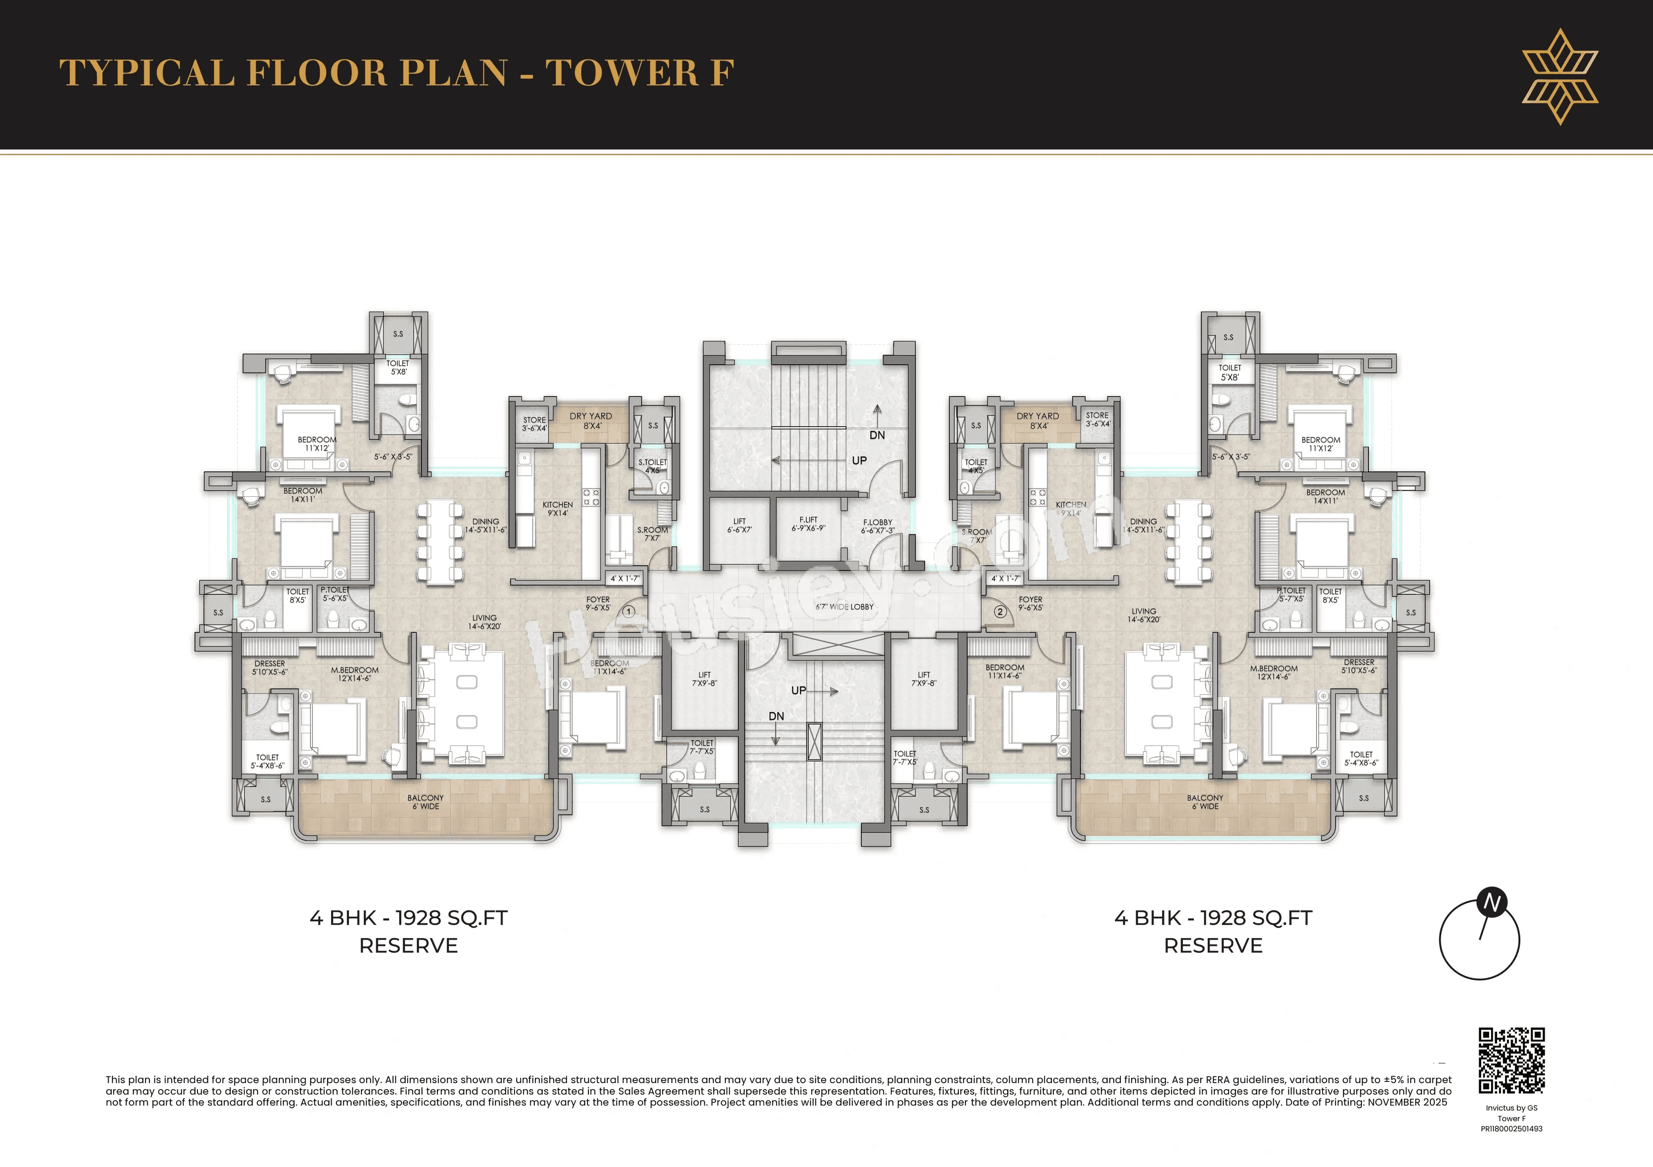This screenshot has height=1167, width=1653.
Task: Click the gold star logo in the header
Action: (x=1560, y=76)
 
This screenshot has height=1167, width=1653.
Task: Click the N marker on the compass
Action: (x=1492, y=902)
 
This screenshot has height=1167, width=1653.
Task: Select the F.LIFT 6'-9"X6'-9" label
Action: (x=808, y=524)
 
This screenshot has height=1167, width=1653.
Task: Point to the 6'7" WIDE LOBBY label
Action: (x=845, y=607)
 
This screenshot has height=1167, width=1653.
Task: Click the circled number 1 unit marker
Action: (x=628, y=612)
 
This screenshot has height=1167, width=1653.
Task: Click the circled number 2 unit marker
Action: (x=1000, y=612)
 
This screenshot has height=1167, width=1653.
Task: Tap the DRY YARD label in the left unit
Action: (x=591, y=421)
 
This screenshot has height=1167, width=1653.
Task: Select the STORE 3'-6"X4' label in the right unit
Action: (x=1097, y=419)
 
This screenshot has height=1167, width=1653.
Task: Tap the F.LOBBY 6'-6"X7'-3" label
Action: (x=878, y=527)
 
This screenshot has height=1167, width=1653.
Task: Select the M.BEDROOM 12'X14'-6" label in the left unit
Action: (x=354, y=674)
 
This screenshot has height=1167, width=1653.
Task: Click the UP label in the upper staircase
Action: (x=859, y=460)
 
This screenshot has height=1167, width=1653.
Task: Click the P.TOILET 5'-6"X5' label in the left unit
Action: (x=335, y=594)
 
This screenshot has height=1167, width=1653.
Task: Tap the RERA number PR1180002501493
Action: (x=1511, y=1129)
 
